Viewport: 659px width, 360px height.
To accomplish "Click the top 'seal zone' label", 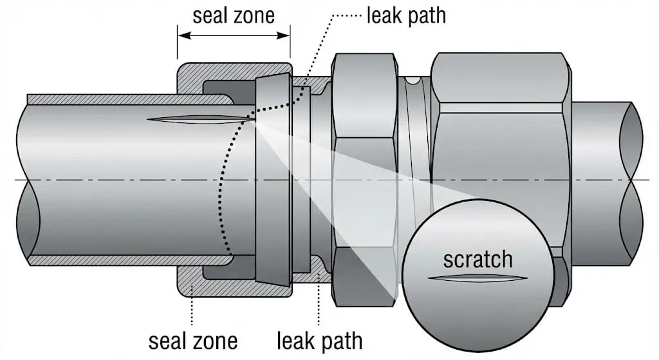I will click(x=233, y=15).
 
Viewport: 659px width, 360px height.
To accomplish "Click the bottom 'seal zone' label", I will click(x=193, y=339).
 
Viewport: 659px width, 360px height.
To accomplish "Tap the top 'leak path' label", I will click(x=405, y=15).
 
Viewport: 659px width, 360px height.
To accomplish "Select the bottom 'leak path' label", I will click(x=319, y=339).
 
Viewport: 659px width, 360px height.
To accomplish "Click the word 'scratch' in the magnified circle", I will click(x=478, y=259).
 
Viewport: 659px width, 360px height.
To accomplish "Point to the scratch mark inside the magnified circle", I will click(x=478, y=279).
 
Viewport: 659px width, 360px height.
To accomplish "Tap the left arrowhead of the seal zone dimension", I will click(x=181, y=35).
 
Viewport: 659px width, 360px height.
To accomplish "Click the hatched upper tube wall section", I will click(x=129, y=99).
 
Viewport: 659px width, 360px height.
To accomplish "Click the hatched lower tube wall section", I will click(x=129, y=260).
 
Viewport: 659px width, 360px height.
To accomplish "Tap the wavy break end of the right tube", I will click(x=634, y=180).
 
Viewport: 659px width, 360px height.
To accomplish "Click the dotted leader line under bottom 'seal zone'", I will click(x=192, y=309).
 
